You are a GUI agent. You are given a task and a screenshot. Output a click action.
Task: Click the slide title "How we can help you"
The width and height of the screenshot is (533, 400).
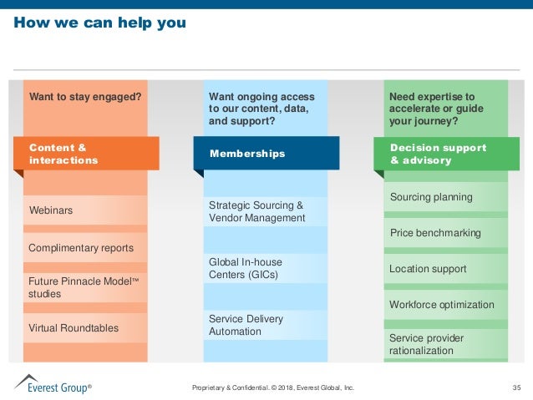(x=99, y=23)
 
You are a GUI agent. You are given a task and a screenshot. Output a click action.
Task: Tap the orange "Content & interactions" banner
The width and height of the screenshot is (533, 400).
(x=86, y=154)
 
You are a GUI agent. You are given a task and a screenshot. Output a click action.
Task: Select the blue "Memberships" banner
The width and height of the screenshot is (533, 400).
(x=266, y=154)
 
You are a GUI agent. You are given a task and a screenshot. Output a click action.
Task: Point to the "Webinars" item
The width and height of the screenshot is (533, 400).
(x=51, y=210)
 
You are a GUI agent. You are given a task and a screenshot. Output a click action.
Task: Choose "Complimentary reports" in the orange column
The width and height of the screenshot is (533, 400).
(x=81, y=248)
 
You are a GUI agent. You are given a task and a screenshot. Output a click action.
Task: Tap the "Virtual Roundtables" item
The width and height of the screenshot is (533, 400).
(x=74, y=328)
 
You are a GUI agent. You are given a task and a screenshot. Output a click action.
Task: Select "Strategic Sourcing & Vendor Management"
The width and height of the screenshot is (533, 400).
(x=256, y=211)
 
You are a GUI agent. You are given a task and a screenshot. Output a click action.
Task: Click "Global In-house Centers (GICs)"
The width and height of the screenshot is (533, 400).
(x=245, y=268)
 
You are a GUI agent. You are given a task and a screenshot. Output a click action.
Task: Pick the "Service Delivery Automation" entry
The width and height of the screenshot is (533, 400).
(x=246, y=325)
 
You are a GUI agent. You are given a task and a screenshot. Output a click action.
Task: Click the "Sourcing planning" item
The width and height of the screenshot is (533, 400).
(x=431, y=197)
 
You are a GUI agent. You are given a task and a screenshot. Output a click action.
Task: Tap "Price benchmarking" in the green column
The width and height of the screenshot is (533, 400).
(x=435, y=233)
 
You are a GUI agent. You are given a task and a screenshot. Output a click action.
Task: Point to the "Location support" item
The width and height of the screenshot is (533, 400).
(x=428, y=269)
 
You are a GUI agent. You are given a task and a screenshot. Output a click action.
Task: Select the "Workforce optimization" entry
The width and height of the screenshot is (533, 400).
(x=442, y=305)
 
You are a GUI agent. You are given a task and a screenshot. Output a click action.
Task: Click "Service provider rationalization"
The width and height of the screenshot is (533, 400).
(x=426, y=344)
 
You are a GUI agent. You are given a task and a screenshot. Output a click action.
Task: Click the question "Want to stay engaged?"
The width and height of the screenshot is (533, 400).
(x=85, y=97)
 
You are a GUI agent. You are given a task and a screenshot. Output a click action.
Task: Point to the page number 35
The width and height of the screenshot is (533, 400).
(x=515, y=387)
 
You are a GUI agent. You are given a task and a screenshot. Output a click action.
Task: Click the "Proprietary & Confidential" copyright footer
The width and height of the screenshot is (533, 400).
(x=273, y=387)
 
